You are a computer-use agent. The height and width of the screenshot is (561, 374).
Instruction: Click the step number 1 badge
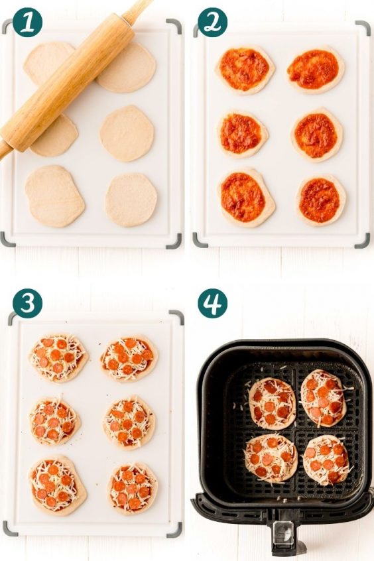pos(28,22)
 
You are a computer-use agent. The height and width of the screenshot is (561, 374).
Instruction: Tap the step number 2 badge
pos(213,22)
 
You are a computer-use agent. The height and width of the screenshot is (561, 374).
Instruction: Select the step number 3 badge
pos(28,304)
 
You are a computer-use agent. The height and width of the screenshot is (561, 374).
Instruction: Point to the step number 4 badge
pos(213,304)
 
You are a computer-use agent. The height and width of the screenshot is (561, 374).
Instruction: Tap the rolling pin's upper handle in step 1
pos(137,10)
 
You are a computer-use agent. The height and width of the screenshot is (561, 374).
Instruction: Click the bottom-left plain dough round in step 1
pos(54,196)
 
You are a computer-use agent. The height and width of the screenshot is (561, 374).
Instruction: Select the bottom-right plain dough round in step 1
pos(131,200)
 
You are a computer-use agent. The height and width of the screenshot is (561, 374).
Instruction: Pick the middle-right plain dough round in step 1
pos(127,133)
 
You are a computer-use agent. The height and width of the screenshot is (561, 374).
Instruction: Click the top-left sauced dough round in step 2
pos(245,70)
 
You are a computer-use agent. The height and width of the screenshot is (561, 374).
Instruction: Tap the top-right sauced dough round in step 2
pos(314,70)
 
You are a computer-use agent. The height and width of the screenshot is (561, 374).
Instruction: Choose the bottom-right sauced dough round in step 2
pos(320,201)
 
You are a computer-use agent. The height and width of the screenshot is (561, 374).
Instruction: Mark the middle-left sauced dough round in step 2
pos(242,134)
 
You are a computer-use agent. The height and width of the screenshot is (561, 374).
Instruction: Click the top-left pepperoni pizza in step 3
pos(58,358)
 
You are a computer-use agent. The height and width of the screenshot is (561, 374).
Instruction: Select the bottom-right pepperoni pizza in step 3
pos(133,489)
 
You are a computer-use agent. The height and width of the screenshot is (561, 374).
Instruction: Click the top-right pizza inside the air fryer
pos(324,399)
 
